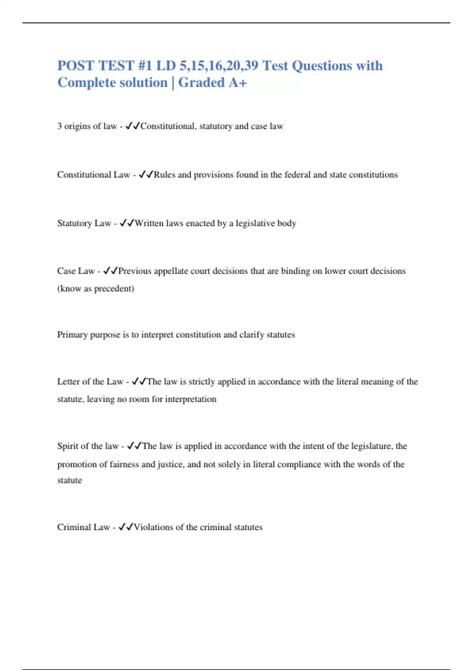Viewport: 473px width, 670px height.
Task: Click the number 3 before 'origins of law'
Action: click(60, 126)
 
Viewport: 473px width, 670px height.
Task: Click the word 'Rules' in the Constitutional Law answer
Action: click(164, 175)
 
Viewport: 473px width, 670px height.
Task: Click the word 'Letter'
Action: click(68, 382)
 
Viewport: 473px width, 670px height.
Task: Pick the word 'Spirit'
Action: click(67, 446)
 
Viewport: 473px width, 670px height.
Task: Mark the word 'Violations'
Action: click(153, 527)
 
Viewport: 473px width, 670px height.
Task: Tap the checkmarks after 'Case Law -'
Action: click(110, 271)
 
